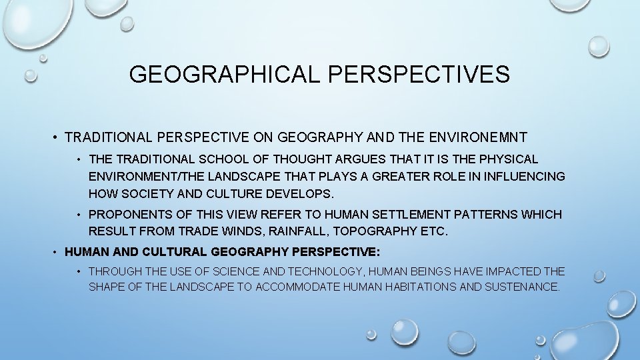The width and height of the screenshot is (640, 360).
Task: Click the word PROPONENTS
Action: pyautogui.click(x=130, y=215)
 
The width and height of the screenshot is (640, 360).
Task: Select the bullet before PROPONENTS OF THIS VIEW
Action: pyautogui.click(x=79, y=215)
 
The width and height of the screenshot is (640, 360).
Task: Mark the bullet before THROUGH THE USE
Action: pyautogui.click(x=79, y=272)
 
